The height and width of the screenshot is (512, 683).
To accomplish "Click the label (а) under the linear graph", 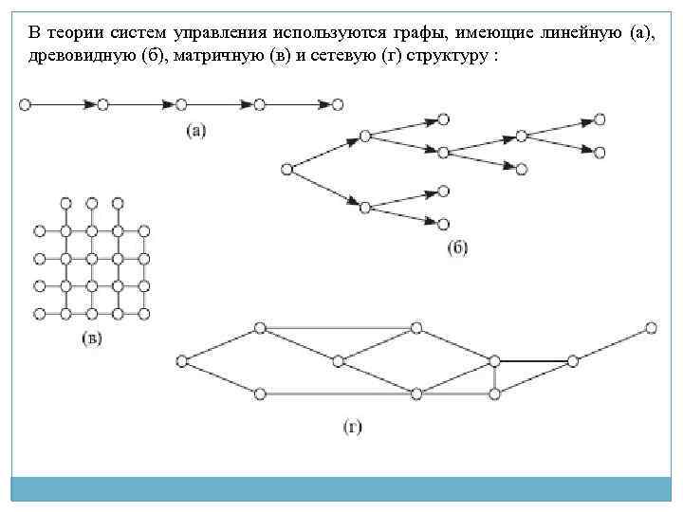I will tap(195, 131).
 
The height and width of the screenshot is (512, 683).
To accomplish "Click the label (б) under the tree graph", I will tap(457, 248).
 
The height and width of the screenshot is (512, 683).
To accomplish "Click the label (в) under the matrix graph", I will tap(92, 338).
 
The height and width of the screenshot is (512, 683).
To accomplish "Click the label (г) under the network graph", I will tap(353, 427).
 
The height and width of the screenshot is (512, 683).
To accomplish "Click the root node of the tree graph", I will tap(286, 170).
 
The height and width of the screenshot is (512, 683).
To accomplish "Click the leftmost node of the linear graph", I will tap(25, 104).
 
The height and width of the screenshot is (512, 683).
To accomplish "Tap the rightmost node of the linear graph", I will tap(338, 104).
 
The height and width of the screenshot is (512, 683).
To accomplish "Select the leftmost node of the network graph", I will tap(181, 360).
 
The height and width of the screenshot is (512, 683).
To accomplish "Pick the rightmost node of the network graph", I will tap(651, 328).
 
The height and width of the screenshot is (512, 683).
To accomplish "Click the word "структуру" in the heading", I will tap(436, 55).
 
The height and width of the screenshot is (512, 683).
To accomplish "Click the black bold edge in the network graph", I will tap(533, 360).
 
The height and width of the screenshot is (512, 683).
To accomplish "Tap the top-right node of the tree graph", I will tap(599, 119).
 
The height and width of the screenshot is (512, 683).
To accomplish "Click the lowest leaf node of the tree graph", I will tap(443, 224).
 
